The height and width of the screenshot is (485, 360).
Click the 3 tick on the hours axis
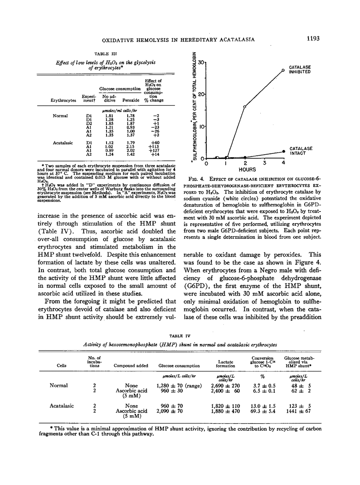(265, 163)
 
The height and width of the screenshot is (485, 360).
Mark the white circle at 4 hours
(283, 70)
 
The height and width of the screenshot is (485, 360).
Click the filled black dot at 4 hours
(283, 152)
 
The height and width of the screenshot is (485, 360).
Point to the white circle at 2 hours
(245, 107)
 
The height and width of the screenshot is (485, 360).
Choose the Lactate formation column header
(226, 363)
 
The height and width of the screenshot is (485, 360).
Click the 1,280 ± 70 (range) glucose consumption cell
(179, 385)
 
